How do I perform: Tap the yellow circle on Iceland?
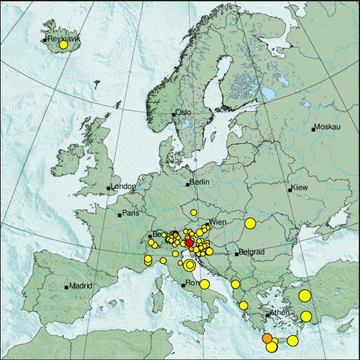[x=64, y=46]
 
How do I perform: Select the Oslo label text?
[x=184, y=112]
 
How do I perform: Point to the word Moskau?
[x=328, y=127]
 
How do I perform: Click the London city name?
[x=123, y=187]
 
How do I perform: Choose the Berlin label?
[x=199, y=182]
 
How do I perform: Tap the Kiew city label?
[x=299, y=187]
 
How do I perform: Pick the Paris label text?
[x=131, y=214]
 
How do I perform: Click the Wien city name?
[x=217, y=223]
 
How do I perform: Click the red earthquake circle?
[x=189, y=242]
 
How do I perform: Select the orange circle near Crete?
[x=268, y=339]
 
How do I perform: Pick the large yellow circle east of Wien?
[x=250, y=223]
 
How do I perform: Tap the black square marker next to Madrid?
[x=67, y=286]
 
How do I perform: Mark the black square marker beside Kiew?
[x=289, y=189]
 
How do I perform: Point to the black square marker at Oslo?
[x=174, y=114]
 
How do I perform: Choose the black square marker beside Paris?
[x=119, y=214]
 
